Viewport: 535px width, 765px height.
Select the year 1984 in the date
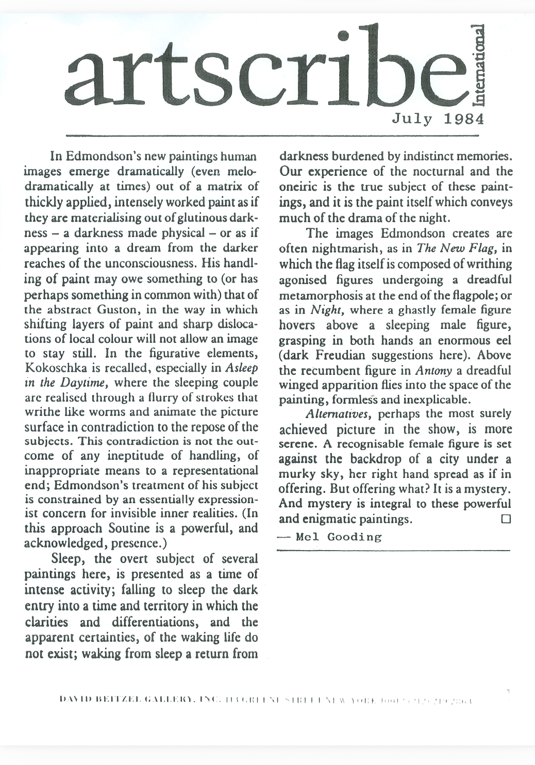click(464, 119)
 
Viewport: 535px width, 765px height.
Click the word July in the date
click(413, 119)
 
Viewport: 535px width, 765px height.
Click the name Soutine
click(128, 528)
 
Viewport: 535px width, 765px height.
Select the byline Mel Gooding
click(339, 537)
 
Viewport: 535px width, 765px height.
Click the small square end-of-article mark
click(505, 518)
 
